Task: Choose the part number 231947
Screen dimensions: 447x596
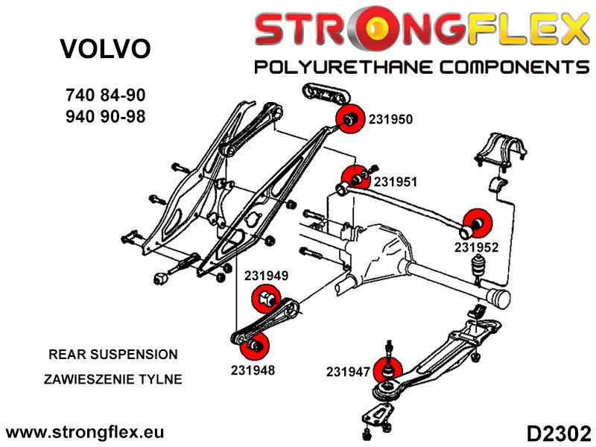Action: (348, 370)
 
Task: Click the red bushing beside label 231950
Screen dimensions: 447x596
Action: (349, 118)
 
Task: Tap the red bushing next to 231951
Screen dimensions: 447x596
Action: (354, 179)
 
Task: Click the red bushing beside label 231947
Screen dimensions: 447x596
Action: (388, 368)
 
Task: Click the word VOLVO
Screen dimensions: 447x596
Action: (104, 49)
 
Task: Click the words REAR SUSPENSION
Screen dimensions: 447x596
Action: (112, 355)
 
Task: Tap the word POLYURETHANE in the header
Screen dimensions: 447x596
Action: (342, 68)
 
